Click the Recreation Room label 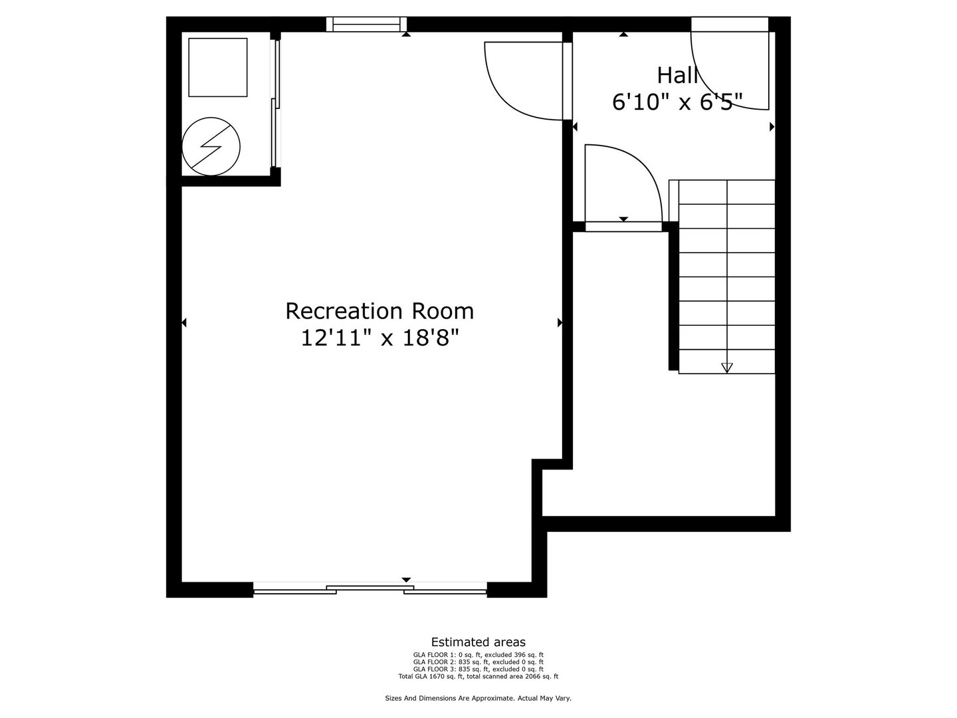[x=379, y=311]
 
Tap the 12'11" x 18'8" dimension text [x=379, y=338]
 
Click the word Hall [x=677, y=75]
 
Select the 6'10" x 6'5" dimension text [x=677, y=102]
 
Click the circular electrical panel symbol [x=211, y=146]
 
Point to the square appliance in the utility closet [x=218, y=67]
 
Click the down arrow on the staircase [x=726, y=367]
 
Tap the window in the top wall [x=366, y=25]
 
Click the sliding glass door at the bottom [x=370, y=588]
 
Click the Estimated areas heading [x=478, y=642]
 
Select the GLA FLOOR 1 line [x=478, y=655]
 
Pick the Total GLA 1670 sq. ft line [x=478, y=676]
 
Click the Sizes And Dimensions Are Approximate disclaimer [x=478, y=698]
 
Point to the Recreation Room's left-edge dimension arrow [x=184, y=322]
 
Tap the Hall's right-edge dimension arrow [x=772, y=126]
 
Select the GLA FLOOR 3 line [x=478, y=669]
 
